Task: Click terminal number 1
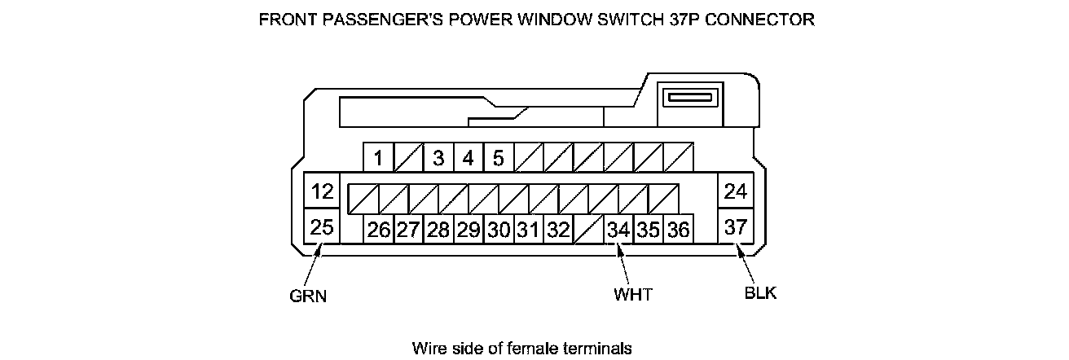pyautogui.click(x=378, y=158)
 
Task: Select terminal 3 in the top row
pyautogui.click(x=438, y=158)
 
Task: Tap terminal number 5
pyautogui.click(x=498, y=158)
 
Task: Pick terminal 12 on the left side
pyautogui.click(x=322, y=192)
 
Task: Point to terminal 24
pyautogui.click(x=735, y=192)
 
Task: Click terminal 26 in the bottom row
pyautogui.click(x=378, y=230)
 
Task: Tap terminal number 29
pyautogui.click(x=468, y=230)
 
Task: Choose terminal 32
pyautogui.click(x=557, y=230)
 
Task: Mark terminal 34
pyautogui.click(x=618, y=230)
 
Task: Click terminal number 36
pyautogui.click(x=678, y=230)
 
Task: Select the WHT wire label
pyautogui.click(x=633, y=294)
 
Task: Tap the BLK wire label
pyautogui.click(x=760, y=293)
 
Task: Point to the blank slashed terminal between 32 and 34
pyautogui.click(x=587, y=230)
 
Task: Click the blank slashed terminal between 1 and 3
pyautogui.click(x=407, y=158)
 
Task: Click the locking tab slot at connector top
pyautogui.click(x=689, y=99)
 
